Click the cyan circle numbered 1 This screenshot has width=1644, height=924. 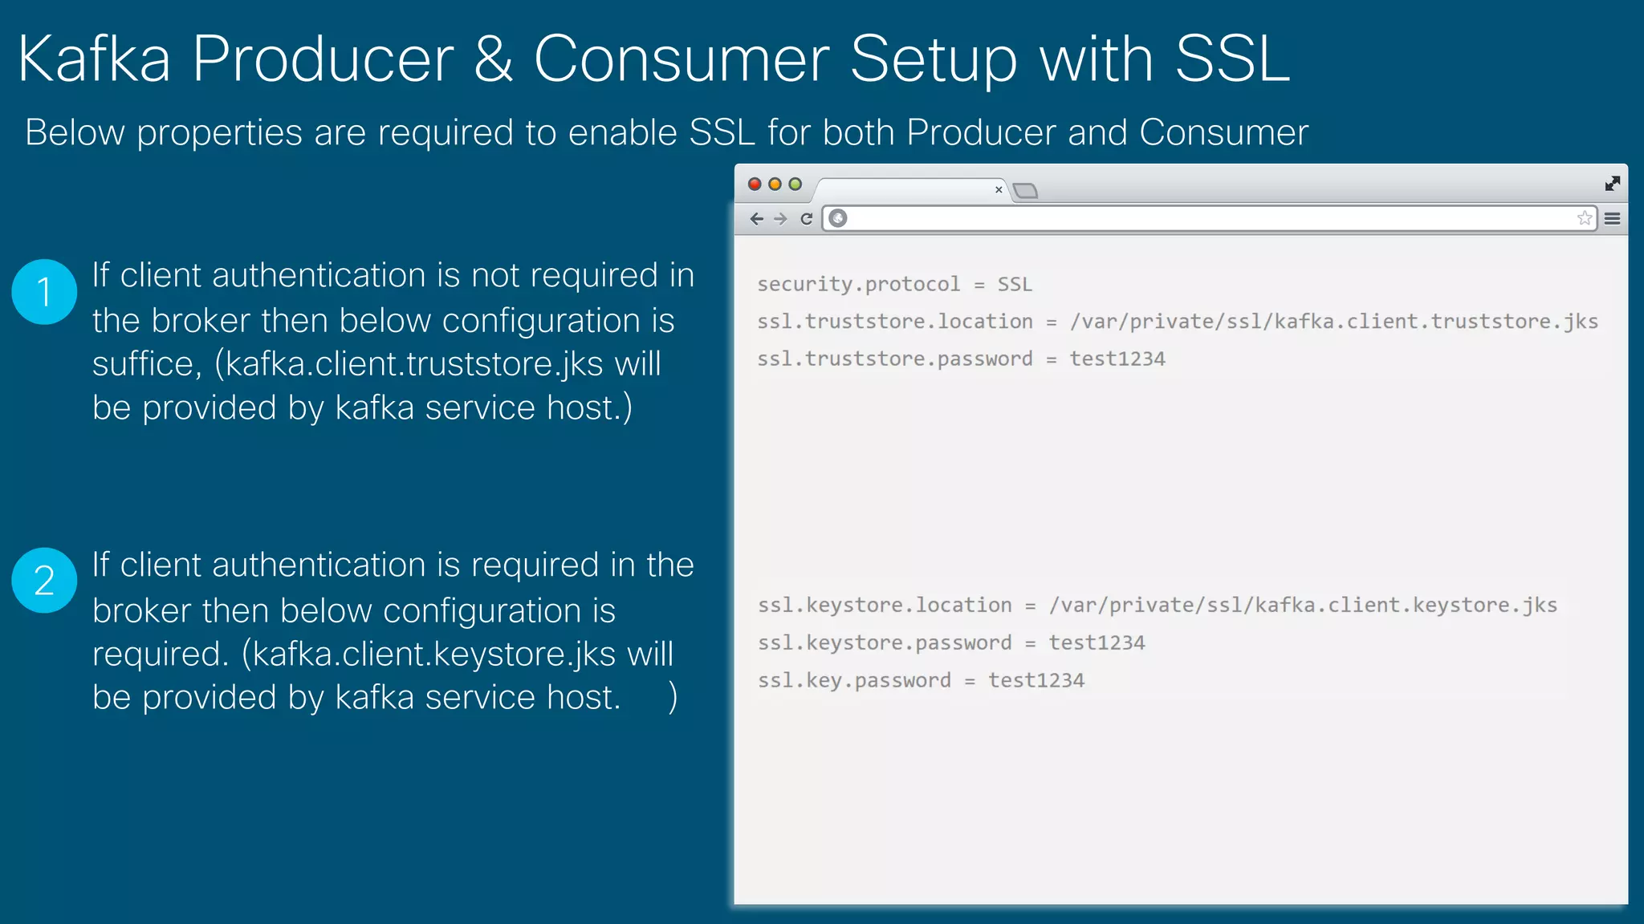(44, 292)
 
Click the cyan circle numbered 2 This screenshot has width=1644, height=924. (44, 581)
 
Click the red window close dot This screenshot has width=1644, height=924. (755, 184)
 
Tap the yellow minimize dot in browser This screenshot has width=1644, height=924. (775, 184)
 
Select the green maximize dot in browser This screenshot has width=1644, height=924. (795, 184)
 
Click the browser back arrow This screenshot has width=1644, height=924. (756, 218)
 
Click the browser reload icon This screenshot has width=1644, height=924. (807, 218)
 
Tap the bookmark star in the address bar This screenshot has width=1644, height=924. (1584, 218)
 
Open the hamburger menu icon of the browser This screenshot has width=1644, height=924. (1612, 218)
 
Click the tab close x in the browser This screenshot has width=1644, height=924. (999, 190)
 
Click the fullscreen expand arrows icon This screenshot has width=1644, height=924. (1612, 184)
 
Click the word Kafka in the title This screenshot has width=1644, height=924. (95, 59)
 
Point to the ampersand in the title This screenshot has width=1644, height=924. (493, 59)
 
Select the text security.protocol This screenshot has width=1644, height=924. (858, 284)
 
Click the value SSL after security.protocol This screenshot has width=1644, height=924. (1015, 284)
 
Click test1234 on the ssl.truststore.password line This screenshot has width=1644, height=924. (1117, 359)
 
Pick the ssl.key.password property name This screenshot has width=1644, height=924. (854, 680)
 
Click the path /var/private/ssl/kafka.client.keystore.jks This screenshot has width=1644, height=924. (1303, 605)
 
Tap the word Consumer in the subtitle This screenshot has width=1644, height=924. (1223, 132)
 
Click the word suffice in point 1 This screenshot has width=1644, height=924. (143, 364)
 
